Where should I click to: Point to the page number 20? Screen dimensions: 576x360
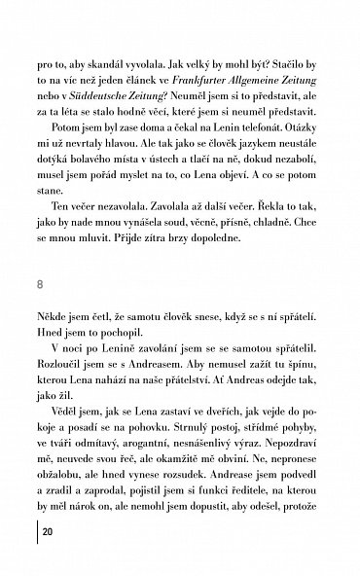tap(49, 559)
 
